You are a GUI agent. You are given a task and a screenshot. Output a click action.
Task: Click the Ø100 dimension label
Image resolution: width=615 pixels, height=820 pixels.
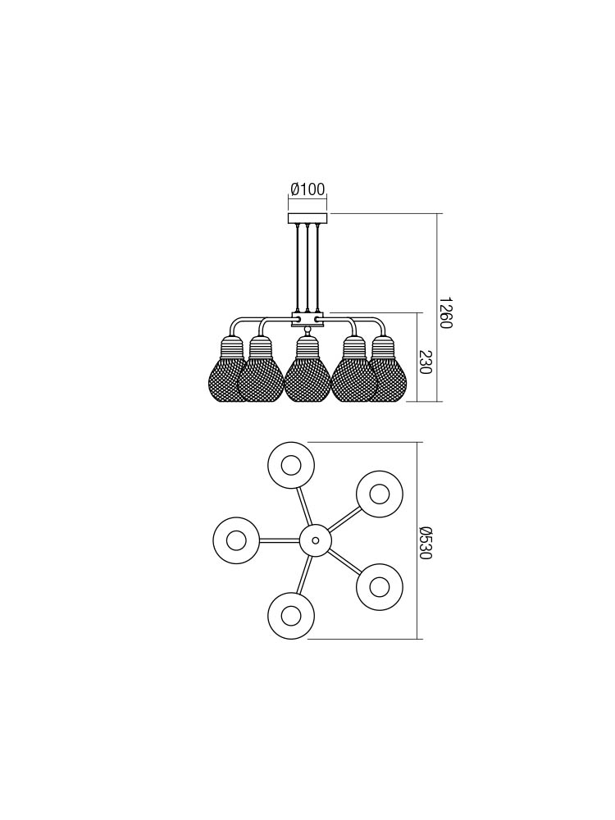307,189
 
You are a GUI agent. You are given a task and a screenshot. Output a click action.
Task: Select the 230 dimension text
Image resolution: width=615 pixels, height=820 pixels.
424,362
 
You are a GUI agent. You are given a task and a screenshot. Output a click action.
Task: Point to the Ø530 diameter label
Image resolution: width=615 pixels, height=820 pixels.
425,542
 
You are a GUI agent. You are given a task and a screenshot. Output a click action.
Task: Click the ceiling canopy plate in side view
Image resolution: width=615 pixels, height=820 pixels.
307,218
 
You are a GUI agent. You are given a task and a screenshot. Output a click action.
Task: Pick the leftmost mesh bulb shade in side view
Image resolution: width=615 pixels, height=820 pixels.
226,369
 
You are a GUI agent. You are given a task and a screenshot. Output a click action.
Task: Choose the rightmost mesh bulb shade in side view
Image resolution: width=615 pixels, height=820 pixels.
389,369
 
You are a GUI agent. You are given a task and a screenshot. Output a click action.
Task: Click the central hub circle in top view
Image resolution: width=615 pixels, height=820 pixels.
315,540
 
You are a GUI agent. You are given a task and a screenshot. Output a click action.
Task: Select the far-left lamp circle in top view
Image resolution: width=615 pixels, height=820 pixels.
236,540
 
